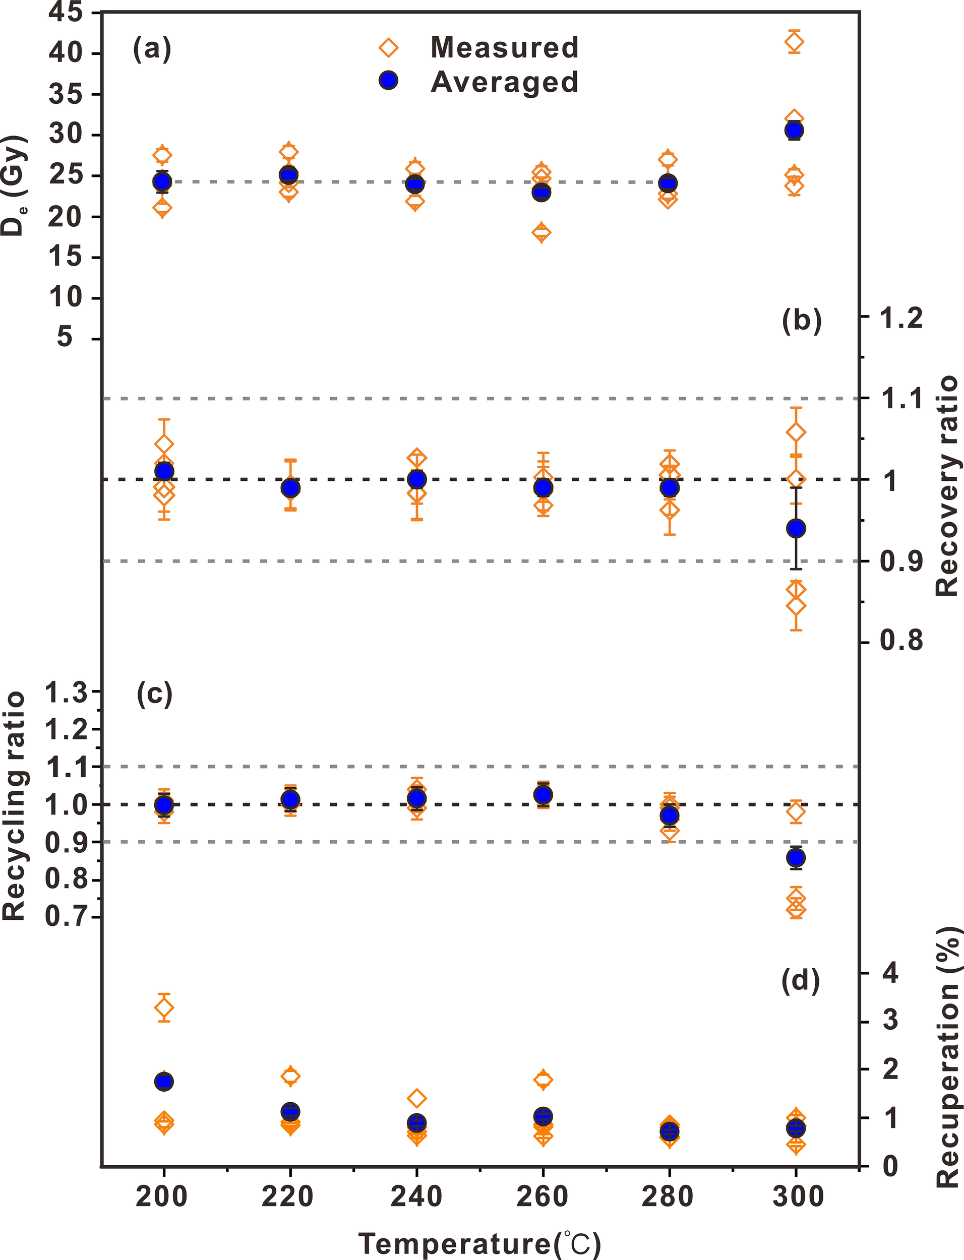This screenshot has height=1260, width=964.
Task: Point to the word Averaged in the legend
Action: (504, 82)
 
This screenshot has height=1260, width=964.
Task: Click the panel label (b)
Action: (802, 321)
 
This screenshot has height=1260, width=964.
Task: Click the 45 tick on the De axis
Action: (66, 13)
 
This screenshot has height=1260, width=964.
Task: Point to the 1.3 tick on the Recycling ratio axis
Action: (66, 693)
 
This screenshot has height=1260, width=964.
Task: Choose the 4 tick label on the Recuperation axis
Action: (890, 974)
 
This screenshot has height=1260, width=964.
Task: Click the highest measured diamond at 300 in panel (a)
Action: (794, 41)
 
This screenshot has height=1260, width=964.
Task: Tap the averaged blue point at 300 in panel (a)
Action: (794, 131)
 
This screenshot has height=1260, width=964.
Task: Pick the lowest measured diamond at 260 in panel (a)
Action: (541, 232)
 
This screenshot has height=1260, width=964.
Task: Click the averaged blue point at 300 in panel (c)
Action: (795, 858)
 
